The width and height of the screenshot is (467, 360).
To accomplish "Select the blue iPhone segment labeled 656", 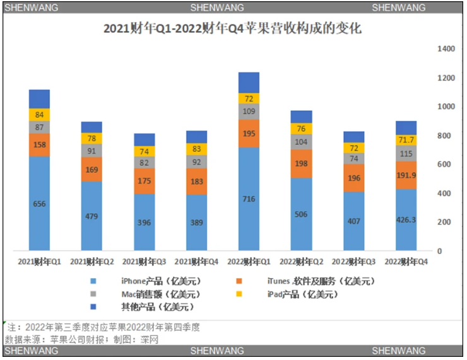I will [39, 203].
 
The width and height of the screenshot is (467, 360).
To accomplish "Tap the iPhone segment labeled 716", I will [249, 199].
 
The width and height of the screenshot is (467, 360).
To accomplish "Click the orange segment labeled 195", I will [249, 134].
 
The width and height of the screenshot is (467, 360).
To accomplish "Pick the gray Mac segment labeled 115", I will [406, 154].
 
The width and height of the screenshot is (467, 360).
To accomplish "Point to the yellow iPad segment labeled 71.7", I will [406, 139].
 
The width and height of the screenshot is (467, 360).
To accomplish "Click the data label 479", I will [92, 216].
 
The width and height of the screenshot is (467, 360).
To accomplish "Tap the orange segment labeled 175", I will [144, 181].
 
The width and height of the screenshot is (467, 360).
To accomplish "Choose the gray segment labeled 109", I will [249, 112].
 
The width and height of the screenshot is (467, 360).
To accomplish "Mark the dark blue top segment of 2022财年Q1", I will [249, 83].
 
